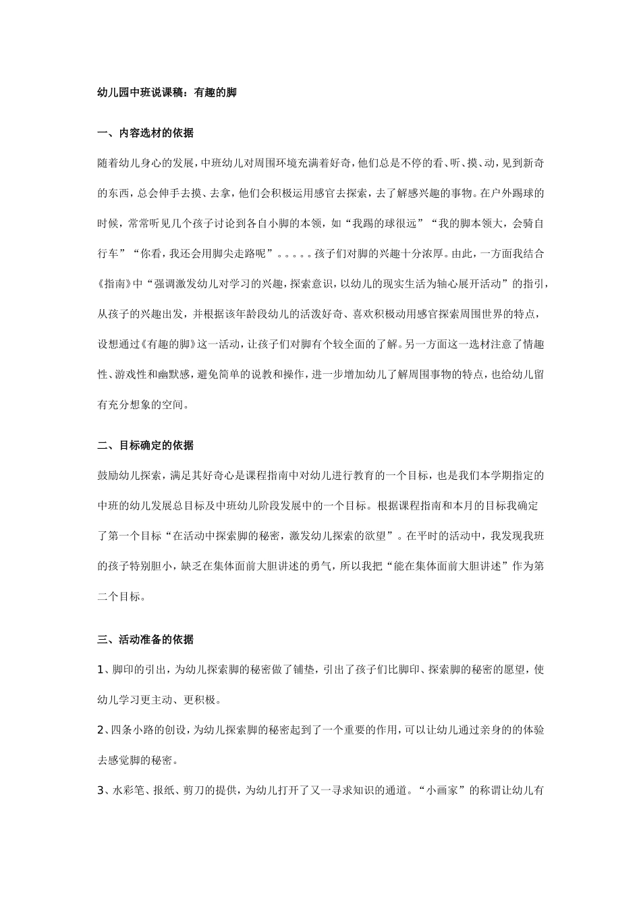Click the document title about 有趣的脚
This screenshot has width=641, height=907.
click(x=167, y=93)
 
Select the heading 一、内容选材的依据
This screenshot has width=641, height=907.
click(x=146, y=133)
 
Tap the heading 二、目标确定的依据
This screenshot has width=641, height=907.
click(x=146, y=445)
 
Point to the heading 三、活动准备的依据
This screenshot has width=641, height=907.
click(x=146, y=639)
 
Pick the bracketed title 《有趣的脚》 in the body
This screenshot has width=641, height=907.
click(x=167, y=343)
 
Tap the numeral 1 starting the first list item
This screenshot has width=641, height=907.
click(x=101, y=669)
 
